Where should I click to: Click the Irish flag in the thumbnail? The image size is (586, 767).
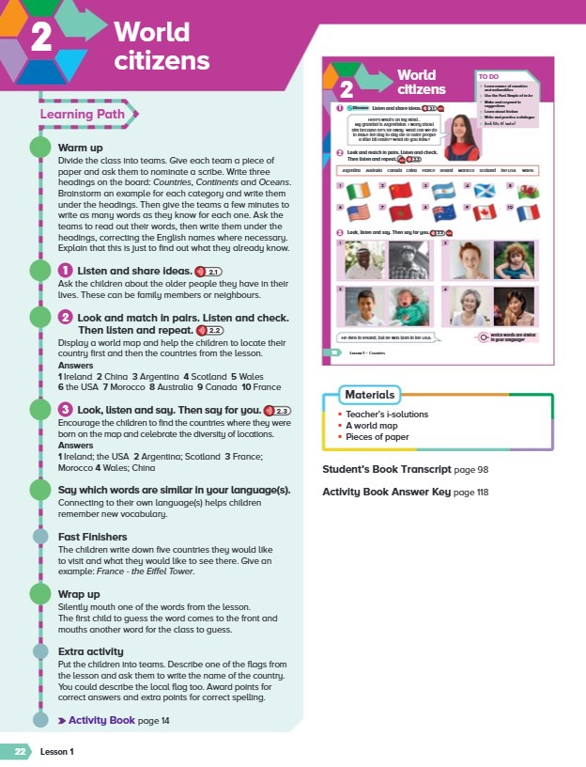coord(359,190)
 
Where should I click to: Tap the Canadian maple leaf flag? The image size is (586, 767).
coord(486,212)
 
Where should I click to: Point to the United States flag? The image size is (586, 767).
coord(359,212)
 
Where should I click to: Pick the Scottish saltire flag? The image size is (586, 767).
coord(486,190)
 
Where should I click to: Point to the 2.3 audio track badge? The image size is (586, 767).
coord(279,410)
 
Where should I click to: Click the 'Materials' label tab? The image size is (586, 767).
coord(368,395)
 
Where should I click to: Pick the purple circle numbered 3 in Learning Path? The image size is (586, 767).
coord(66,410)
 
